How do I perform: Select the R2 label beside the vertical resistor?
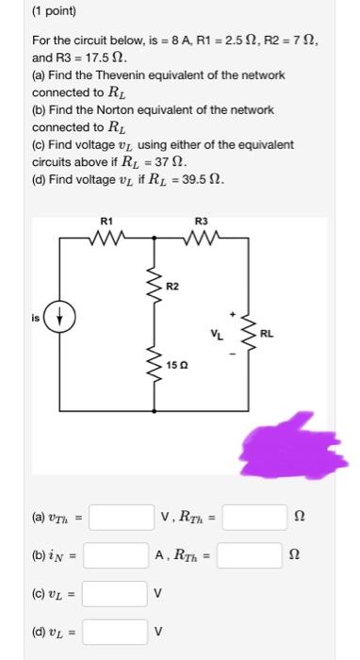172,286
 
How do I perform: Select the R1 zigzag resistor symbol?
106,238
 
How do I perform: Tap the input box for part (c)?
120,594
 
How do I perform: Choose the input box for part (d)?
120,632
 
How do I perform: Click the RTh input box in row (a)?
254,517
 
